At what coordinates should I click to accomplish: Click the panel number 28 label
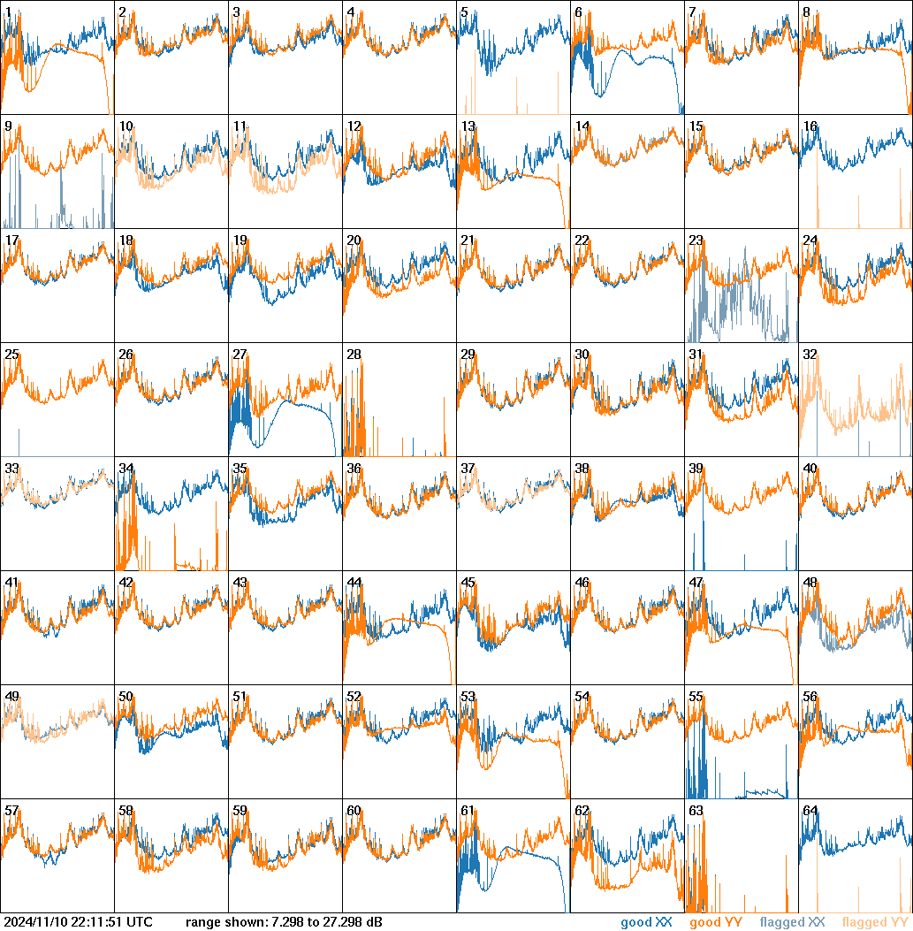354,355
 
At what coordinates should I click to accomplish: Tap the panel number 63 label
696,811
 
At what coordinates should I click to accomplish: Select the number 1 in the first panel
8,12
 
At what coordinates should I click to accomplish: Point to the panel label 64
810,811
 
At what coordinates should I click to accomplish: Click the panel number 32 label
810,355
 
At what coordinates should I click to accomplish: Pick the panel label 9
8,126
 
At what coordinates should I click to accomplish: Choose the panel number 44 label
354,583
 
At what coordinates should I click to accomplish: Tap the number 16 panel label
810,126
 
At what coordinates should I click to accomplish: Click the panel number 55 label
696,697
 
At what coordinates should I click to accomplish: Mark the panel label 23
696,240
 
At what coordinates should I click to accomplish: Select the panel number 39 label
696,469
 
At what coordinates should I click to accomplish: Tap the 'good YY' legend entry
715,923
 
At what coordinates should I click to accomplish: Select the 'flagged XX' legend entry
792,923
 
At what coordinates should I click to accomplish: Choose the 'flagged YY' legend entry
874,923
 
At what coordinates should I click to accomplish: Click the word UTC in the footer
140,923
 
